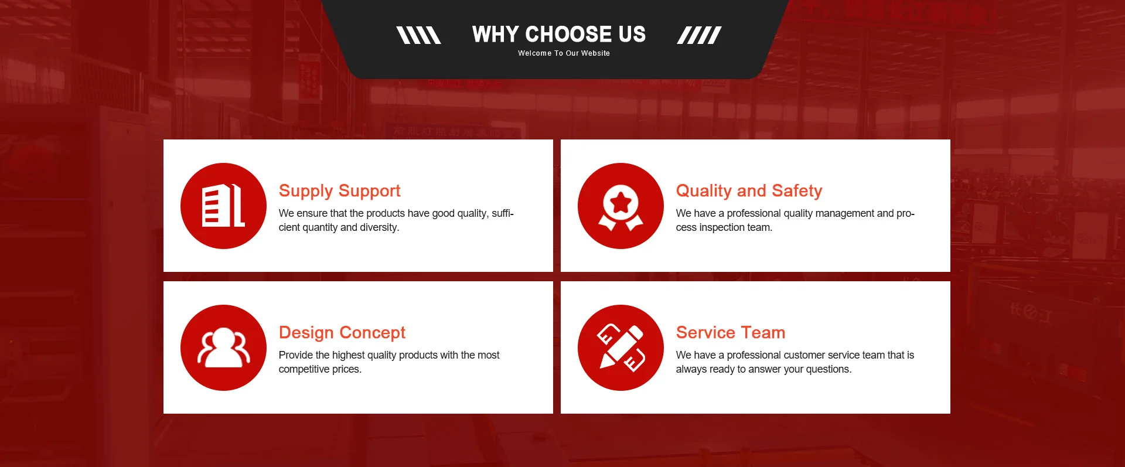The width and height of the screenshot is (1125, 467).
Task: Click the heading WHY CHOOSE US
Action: pyautogui.click(x=559, y=34)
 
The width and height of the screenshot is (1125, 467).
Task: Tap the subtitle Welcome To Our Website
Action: pyautogui.click(x=564, y=53)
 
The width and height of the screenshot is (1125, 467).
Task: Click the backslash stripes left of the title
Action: pyautogui.click(x=418, y=35)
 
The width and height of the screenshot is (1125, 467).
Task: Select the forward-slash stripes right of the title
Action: pyautogui.click(x=699, y=35)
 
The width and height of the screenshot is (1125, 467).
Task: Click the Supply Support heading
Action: pyautogui.click(x=339, y=191)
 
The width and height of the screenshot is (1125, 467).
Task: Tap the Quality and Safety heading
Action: pyautogui.click(x=749, y=191)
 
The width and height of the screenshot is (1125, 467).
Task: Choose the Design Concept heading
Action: pyautogui.click(x=342, y=333)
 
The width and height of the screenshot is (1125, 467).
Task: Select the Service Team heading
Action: pyautogui.click(x=730, y=332)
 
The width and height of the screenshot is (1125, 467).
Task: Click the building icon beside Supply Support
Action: pyautogui.click(x=223, y=206)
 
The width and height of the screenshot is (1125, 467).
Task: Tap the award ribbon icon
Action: pyautogui.click(x=621, y=206)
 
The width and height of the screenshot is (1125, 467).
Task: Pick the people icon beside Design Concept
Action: pyautogui.click(x=223, y=347)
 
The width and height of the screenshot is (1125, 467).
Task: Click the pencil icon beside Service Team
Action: pyautogui.click(x=621, y=347)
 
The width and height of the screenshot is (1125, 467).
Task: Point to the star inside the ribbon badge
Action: pyautogui.click(x=621, y=203)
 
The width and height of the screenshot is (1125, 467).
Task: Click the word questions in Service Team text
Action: pyautogui.click(x=829, y=370)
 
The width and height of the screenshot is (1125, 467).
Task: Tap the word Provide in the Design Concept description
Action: pyautogui.click(x=296, y=355)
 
